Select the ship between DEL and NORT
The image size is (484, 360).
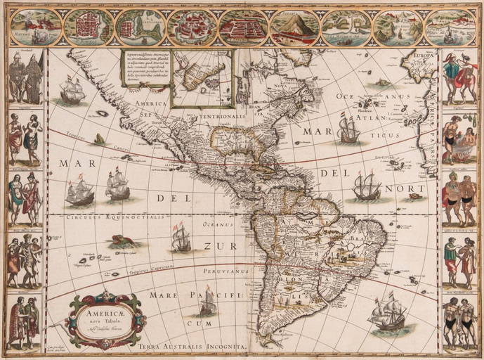pyautogui.click(x=366, y=186)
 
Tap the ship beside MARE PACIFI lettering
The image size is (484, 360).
pyautogui.click(x=207, y=302)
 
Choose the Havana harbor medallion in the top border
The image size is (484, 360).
pyautogui.click(x=32, y=27)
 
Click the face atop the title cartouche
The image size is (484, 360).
pyautogui.click(x=105, y=294)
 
